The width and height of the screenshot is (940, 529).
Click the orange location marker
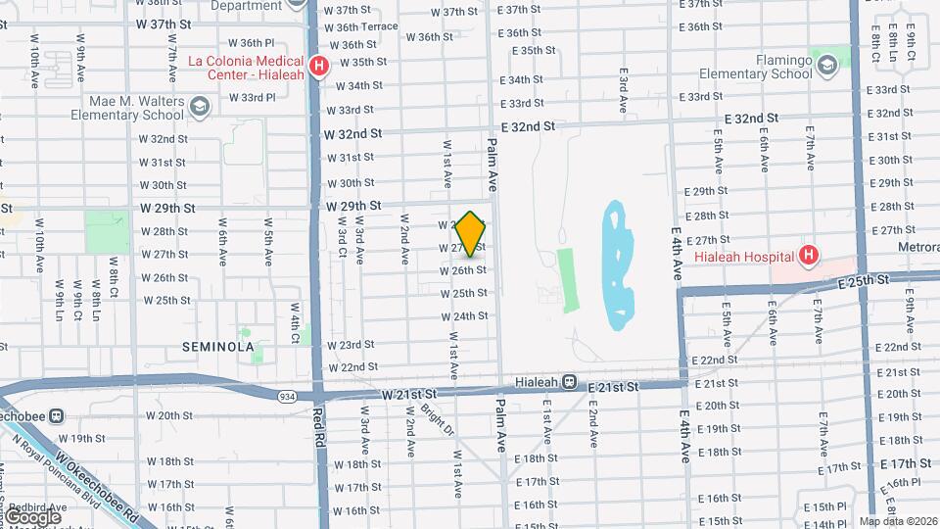pyautogui.click(x=471, y=233)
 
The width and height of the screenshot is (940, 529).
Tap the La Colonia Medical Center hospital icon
pyautogui.click(x=318, y=67)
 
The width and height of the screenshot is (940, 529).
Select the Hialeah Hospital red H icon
pyautogui.click(x=808, y=257)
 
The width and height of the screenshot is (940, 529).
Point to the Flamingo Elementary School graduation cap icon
pyautogui.click(x=828, y=65)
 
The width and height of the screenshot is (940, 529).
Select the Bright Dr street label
pyautogui.click(x=437, y=420)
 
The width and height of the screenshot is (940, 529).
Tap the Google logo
pyautogui.click(x=32, y=515)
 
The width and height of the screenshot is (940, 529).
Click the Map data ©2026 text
pyautogui.click(x=898, y=521)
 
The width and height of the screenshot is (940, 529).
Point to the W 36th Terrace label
pyautogui.click(x=363, y=26)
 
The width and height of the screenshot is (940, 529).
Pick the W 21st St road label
pyautogui.click(x=408, y=393)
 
